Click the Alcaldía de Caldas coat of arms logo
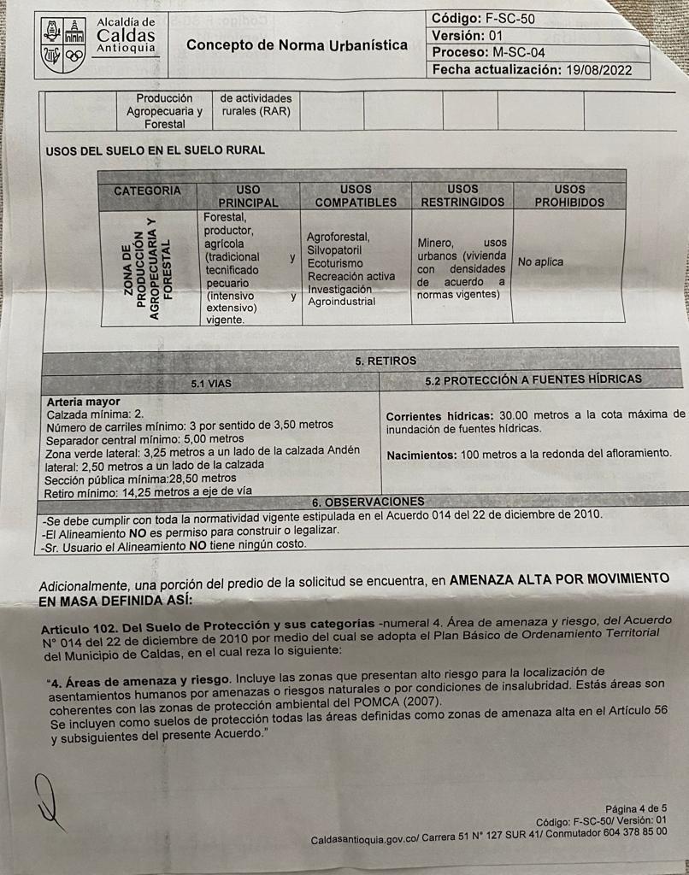pyautogui.click(x=63, y=44)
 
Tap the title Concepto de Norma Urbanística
pyautogui.click(x=297, y=45)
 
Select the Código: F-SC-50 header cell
pyautogui.click(x=484, y=18)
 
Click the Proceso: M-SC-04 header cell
pyautogui.click(x=488, y=52)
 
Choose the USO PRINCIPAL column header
pyautogui.click(x=248, y=196)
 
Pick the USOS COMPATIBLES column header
pyautogui.click(x=356, y=196)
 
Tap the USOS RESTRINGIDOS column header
pyautogui.click(x=462, y=196)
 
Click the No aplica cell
pyautogui.click(x=540, y=262)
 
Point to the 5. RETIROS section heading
pyautogui.click(x=386, y=361)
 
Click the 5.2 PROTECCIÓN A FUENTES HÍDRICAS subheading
pyautogui.click(x=533, y=379)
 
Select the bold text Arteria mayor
pyautogui.click(x=83, y=401)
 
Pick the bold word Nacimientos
pyautogui.click(x=421, y=455)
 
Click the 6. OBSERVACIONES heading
pyautogui.click(x=367, y=502)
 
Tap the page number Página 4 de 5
pyautogui.click(x=635, y=807)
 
